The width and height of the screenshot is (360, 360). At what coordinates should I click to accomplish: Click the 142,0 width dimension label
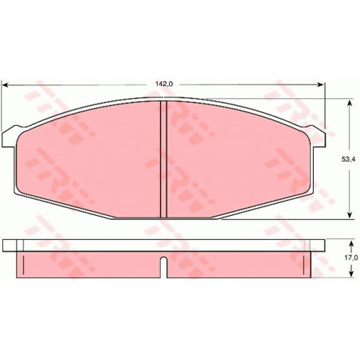click(164, 84)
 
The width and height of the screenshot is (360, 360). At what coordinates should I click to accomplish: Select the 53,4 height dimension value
click(350, 159)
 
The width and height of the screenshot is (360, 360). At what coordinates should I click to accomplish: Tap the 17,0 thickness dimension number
click(351, 257)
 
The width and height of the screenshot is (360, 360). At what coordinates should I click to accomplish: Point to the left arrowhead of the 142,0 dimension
click(6, 84)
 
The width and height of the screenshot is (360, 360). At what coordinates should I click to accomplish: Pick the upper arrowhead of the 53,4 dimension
click(350, 103)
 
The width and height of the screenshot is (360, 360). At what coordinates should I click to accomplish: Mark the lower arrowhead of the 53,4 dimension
click(350, 215)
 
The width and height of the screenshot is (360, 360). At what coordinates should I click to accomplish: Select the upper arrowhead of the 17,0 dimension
click(351, 244)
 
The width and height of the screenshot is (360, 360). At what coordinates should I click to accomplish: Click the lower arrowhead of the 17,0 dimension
click(351, 274)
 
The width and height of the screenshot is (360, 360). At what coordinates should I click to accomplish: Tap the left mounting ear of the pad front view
click(9, 138)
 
